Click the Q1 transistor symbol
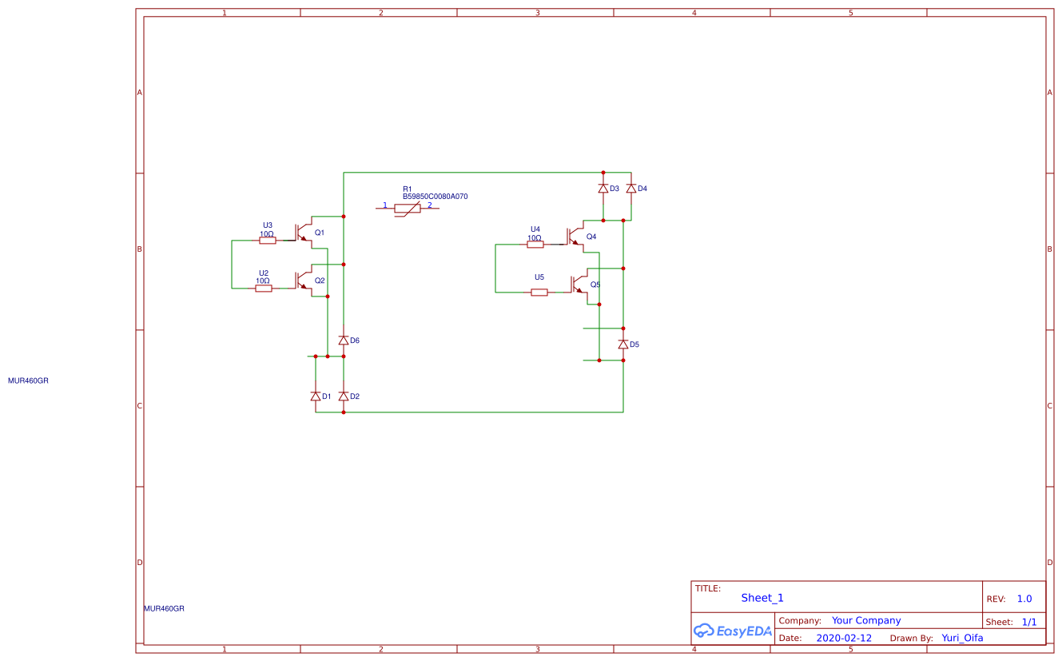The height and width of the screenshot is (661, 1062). [302, 232]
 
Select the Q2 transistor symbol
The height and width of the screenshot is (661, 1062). [302, 280]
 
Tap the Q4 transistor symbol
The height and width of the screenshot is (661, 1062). [573, 237]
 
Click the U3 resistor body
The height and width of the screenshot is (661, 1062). [268, 240]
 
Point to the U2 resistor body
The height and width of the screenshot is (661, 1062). [264, 288]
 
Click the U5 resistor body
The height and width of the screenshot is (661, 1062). [539, 293]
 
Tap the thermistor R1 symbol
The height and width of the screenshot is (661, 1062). [408, 209]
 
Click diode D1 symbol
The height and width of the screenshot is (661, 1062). [316, 396]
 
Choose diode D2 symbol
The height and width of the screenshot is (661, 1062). [344, 396]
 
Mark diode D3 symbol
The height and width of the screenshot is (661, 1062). [603, 189]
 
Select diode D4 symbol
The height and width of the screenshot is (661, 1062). [631, 189]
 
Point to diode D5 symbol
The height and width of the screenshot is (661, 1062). [623, 344]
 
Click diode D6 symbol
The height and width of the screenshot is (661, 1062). [344, 340]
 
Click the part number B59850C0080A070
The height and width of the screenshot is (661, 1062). [435, 197]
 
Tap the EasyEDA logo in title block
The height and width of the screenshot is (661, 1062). [733, 631]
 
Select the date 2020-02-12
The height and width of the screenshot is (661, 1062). [844, 639]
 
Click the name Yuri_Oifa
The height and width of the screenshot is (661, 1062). [962, 638]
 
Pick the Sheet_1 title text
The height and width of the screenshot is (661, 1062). [762, 598]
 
